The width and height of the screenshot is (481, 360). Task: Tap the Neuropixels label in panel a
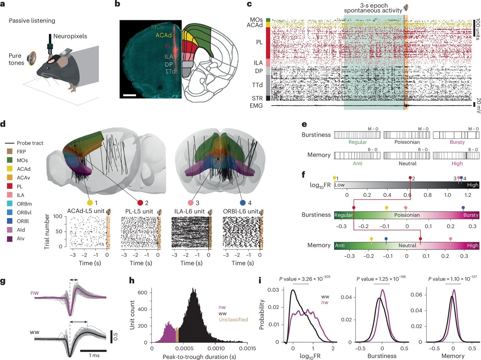click(70, 36)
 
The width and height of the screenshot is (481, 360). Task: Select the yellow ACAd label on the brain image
click(163, 35)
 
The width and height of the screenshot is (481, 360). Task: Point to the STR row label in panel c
click(257, 98)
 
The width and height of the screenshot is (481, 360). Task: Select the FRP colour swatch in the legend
click(10, 151)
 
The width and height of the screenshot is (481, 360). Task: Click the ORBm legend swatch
click(10, 204)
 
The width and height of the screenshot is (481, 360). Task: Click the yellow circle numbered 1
click(89, 203)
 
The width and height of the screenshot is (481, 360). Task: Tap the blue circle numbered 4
click(243, 203)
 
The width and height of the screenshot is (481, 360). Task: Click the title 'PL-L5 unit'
click(139, 211)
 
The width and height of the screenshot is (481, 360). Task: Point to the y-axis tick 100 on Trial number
click(57, 216)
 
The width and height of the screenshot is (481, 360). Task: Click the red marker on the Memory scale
click(420, 239)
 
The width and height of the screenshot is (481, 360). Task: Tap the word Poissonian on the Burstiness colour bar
click(407, 215)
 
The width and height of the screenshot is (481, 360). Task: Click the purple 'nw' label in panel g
click(35, 292)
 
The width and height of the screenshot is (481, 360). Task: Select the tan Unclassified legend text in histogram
click(233, 320)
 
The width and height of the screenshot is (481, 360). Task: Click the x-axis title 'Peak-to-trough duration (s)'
click(199, 356)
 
